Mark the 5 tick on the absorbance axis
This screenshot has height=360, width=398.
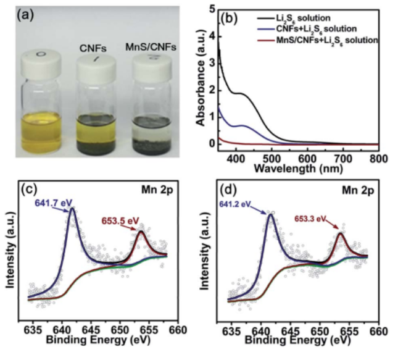pyautogui.click(x=212, y=9)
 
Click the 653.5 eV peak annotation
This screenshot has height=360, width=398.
pyautogui.click(x=119, y=219)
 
